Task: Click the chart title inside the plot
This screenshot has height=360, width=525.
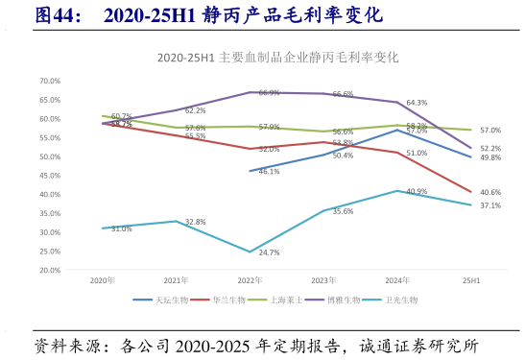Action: pyautogui.click(x=277, y=58)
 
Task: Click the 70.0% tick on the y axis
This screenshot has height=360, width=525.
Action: pyautogui.click(x=50, y=82)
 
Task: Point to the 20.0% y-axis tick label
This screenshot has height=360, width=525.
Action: pyautogui.click(x=50, y=270)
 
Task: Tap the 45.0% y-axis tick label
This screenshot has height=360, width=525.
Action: pyautogui.click(x=50, y=176)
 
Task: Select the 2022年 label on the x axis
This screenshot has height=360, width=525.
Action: pyautogui.click(x=250, y=280)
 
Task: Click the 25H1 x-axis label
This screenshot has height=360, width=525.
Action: pyautogui.click(x=471, y=280)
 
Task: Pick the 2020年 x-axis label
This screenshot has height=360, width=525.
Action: pyautogui.click(x=103, y=280)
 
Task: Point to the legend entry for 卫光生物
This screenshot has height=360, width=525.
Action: pyautogui.click(x=399, y=300)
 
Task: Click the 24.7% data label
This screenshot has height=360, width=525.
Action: pyautogui.click(x=269, y=252)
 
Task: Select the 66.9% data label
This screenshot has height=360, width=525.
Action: pyautogui.click(x=269, y=93)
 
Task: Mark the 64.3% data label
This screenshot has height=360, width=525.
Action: pyautogui.click(x=417, y=103)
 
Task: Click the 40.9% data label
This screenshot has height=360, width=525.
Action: pyautogui.click(x=417, y=191)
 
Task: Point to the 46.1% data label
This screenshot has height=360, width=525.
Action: pyautogui.click(x=269, y=172)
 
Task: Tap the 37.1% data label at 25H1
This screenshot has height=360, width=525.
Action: pyautogui.click(x=490, y=205)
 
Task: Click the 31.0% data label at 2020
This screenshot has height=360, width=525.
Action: pyautogui.click(x=122, y=228)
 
